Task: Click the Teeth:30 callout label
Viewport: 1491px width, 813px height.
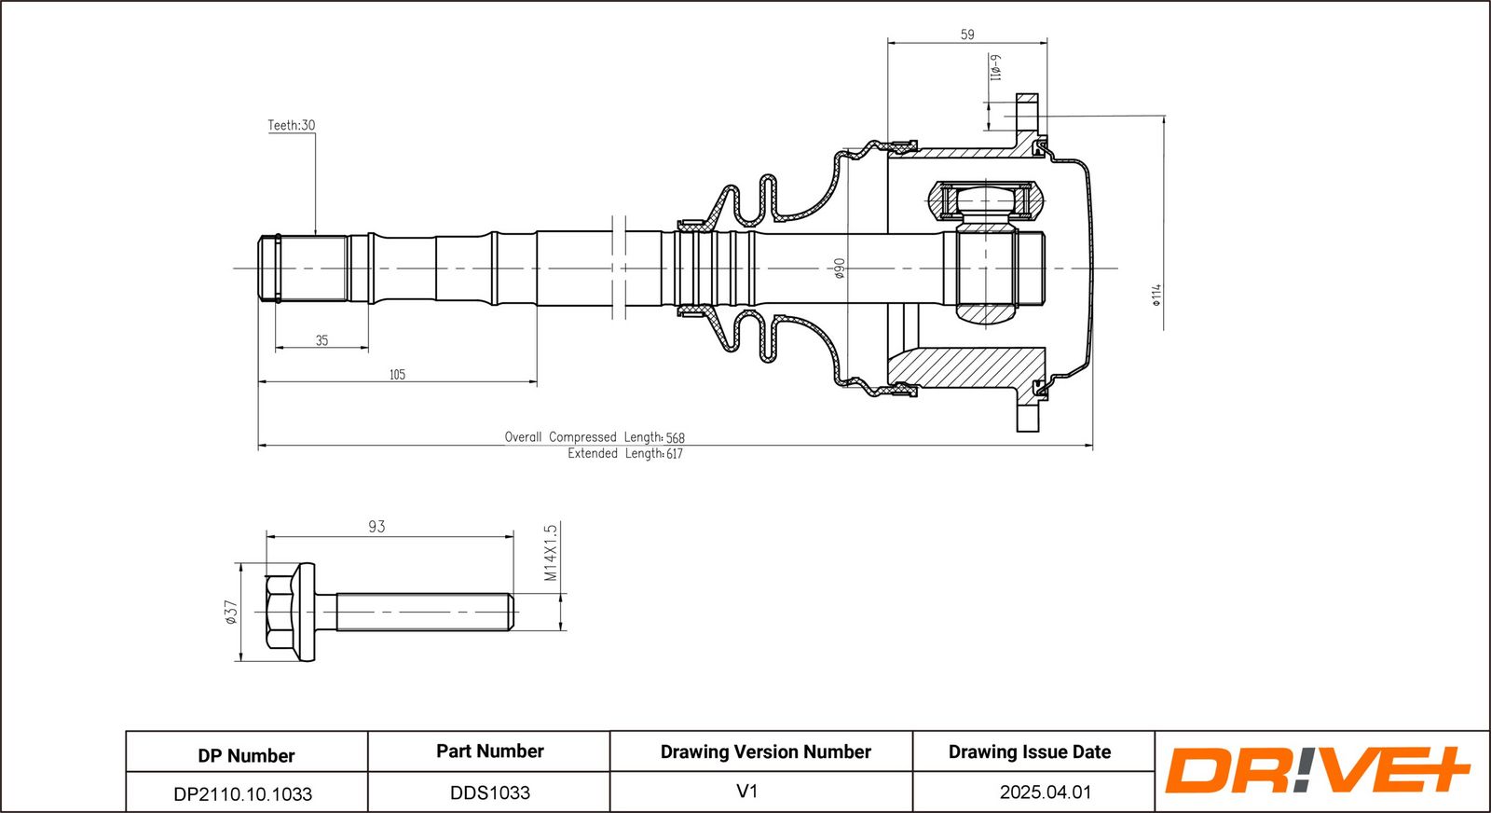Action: [x=291, y=125]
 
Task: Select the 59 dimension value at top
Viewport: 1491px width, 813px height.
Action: [x=967, y=34]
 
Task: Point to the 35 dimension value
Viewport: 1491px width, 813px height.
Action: [x=321, y=340]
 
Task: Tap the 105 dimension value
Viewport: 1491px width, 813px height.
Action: [x=397, y=375]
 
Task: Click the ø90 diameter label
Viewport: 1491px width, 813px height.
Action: [x=839, y=269]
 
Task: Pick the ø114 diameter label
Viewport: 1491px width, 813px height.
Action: [x=1156, y=295]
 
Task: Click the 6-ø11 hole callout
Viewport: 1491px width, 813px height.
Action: [x=995, y=67]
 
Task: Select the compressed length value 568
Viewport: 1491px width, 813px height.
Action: [x=676, y=438]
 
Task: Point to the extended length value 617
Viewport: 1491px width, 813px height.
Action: [x=674, y=454]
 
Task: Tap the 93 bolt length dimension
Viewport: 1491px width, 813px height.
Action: [x=376, y=527]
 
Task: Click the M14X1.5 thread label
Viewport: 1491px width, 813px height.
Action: [x=551, y=552]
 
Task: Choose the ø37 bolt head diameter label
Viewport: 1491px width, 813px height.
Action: [x=231, y=612]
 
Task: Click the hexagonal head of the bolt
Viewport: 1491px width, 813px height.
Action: [x=280, y=613]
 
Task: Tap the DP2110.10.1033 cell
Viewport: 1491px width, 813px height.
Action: [x=243, y=793]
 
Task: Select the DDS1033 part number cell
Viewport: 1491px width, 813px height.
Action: [x=489, y=792]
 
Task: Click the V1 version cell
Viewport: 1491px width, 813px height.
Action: [x=746, y=792]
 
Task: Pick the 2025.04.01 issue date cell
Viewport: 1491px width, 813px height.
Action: [x=1045, y=792]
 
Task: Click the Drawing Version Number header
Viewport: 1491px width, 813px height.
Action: [x=765, y=751]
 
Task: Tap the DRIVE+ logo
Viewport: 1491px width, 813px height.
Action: [x=1316, y=770]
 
